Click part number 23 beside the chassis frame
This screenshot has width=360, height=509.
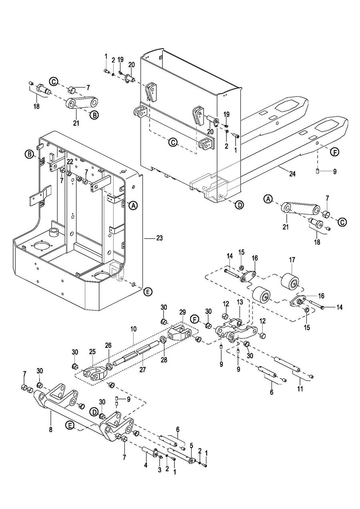[x=160, y=238]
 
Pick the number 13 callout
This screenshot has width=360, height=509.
[x=240, y=302]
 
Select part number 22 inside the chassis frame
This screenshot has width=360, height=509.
[x=70, y=161]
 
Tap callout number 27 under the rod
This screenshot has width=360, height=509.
[x=142, y=370]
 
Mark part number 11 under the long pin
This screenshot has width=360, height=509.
[x=300, y=389]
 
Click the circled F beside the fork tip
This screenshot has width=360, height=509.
[x=334, y=152]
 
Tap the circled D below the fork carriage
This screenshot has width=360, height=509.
[x=239, y=205]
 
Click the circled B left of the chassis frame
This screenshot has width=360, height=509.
[x=29, y=154]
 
